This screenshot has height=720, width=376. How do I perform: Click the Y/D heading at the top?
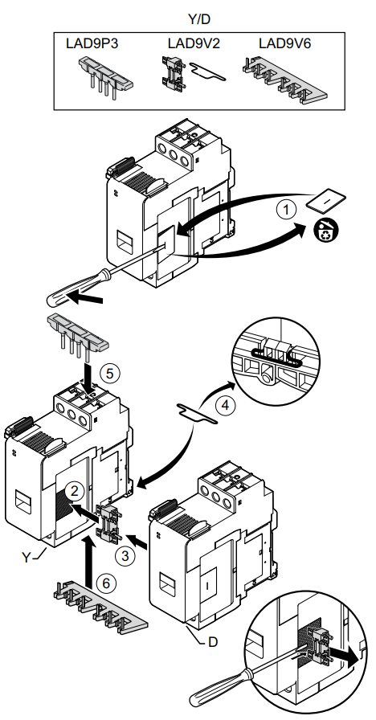(x=199, y=18)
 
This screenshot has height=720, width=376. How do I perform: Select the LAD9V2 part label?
(x=194, y=43)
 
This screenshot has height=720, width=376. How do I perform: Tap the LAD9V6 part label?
(x=284, y=43)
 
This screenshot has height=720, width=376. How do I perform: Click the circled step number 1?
(x=287, y=211)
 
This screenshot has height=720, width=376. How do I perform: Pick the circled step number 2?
(x=74, y=491)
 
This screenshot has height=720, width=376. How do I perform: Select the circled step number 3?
(x=125, y=555)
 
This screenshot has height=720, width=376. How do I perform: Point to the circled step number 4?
(x=224, y=406)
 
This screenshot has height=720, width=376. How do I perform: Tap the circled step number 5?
(x=108, y=373)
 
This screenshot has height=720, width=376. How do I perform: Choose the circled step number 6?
(x=106, y=583)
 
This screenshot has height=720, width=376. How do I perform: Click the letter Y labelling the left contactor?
(x=27, y=558)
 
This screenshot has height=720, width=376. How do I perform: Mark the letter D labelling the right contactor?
(x=213, y=641)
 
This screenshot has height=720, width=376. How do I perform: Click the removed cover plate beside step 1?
(x=326, y=202)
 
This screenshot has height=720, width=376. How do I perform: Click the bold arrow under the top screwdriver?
(x=86, y=300)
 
